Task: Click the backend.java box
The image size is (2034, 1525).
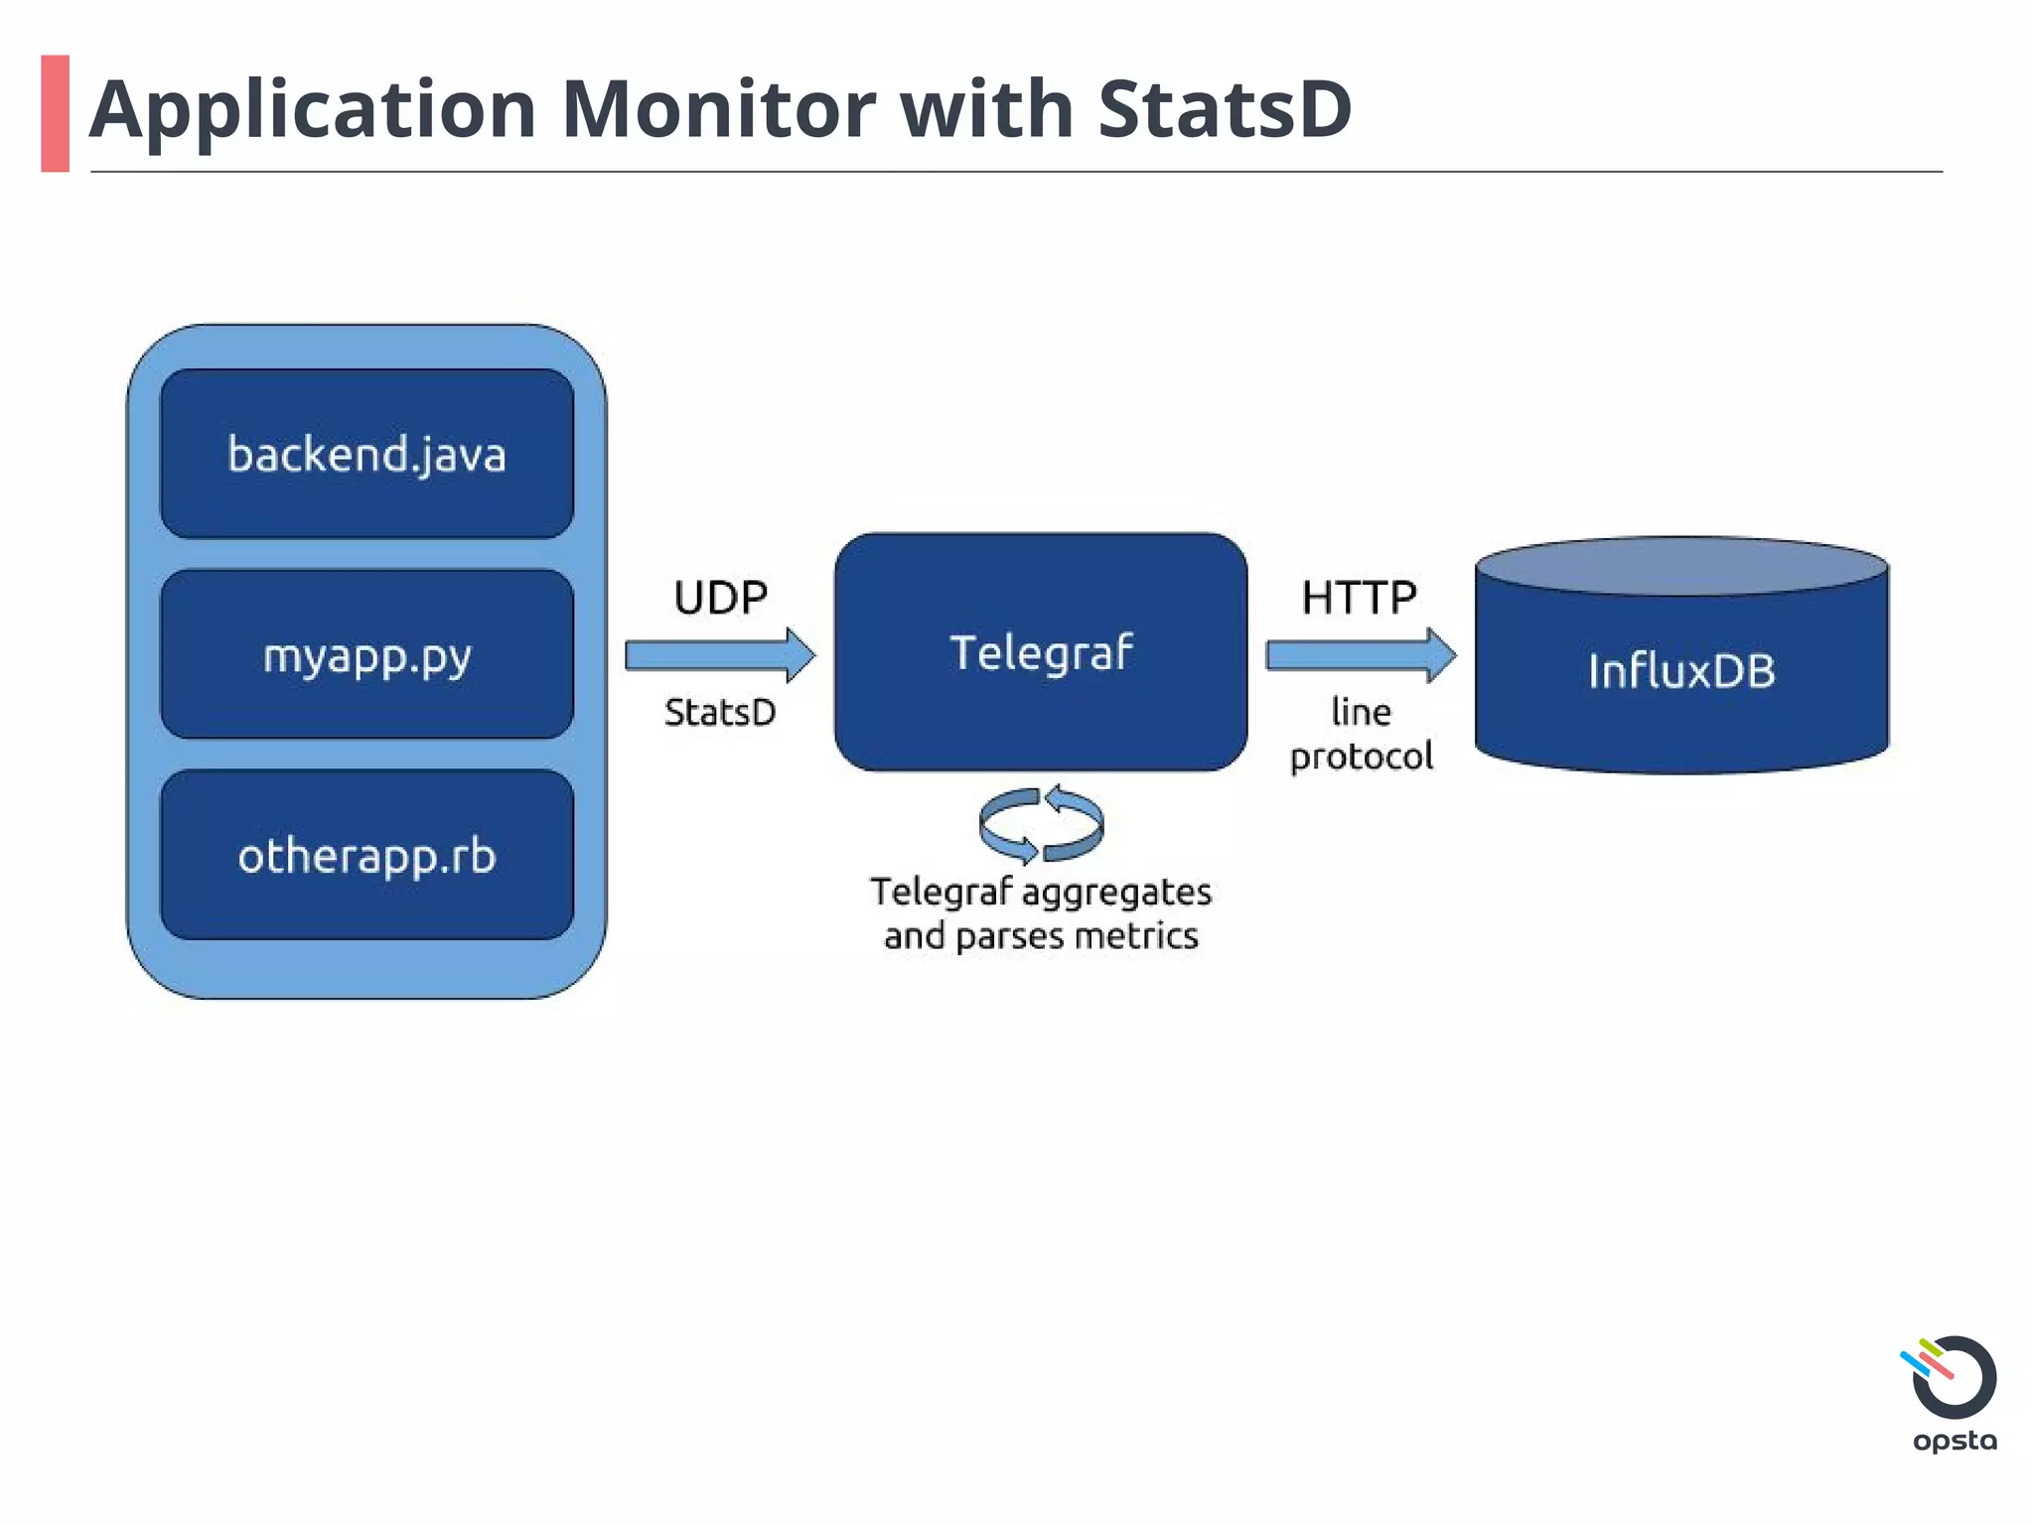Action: [x=366, y=454]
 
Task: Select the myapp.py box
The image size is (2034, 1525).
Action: [x=366, y=654]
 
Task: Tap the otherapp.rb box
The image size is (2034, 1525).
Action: [x=366, y=855]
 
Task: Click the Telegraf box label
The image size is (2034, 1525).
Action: [x=1040, y=652]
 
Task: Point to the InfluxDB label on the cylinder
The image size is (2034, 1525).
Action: [x=1680, y=671]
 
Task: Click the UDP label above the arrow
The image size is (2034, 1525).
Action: [x=720, y=598]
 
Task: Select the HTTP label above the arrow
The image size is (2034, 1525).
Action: [x=1359, y=598]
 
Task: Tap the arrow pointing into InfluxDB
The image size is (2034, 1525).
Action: [x=1360, y=655]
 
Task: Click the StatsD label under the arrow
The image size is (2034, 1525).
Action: [x=720, y=712]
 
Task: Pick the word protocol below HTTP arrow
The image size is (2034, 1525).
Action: [x=1361, y=757]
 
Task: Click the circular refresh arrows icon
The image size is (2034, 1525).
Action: [x=1041, y=824]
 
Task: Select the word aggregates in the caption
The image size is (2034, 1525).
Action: [x=1116, y=892]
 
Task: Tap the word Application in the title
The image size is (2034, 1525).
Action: [x=313, y=109]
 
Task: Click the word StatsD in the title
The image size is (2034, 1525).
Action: [x=1224, y=109]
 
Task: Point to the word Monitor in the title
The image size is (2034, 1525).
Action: [x=719, y=109]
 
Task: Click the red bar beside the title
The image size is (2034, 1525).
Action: [x=56, y=113]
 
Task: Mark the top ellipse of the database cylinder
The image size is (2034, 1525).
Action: [x=1680, y=567]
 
